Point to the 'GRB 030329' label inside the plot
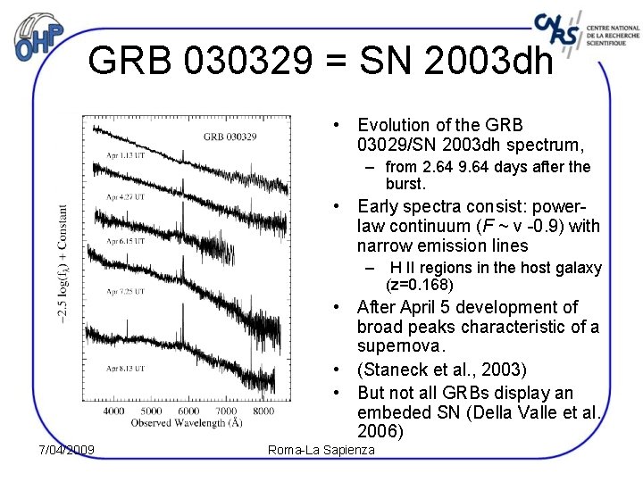tap(230, 137)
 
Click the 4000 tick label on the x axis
tap(114, 411)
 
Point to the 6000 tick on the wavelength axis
tap(188, 411)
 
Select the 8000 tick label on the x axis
tap(263, 411)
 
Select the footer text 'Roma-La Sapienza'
tap(321, 450)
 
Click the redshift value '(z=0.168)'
tap(420, 286)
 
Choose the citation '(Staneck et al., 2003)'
tap(441, 370)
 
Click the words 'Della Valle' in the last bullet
tap(508, 413)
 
